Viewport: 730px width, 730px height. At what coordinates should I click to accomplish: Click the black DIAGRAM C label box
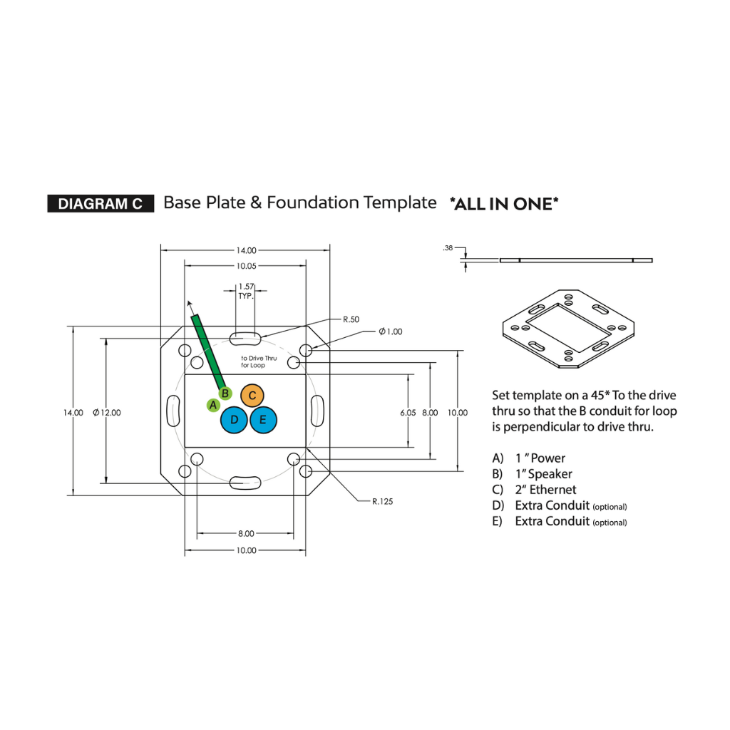100,204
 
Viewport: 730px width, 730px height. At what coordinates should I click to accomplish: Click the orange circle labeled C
252,395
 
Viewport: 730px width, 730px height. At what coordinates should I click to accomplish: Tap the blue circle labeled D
234,420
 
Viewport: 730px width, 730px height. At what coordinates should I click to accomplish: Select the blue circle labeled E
263,420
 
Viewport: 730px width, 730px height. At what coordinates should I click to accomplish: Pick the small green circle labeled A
212,405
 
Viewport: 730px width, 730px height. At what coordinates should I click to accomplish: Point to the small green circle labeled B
225,393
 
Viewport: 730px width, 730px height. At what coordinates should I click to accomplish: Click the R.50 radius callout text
351,319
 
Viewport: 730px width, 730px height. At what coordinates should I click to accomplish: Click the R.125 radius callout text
382,501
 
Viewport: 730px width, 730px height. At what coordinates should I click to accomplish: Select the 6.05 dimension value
408,413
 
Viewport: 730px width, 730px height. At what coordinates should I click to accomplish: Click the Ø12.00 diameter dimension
107,413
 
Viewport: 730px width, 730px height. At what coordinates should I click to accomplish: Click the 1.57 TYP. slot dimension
247,290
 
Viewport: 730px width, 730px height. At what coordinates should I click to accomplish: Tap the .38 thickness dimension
448,248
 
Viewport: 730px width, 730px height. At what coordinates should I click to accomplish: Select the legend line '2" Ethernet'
545,490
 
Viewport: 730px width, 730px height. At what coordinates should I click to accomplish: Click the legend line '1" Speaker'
543,474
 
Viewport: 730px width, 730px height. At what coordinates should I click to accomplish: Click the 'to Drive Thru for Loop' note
258,361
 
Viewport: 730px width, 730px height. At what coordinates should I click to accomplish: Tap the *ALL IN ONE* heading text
504,204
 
